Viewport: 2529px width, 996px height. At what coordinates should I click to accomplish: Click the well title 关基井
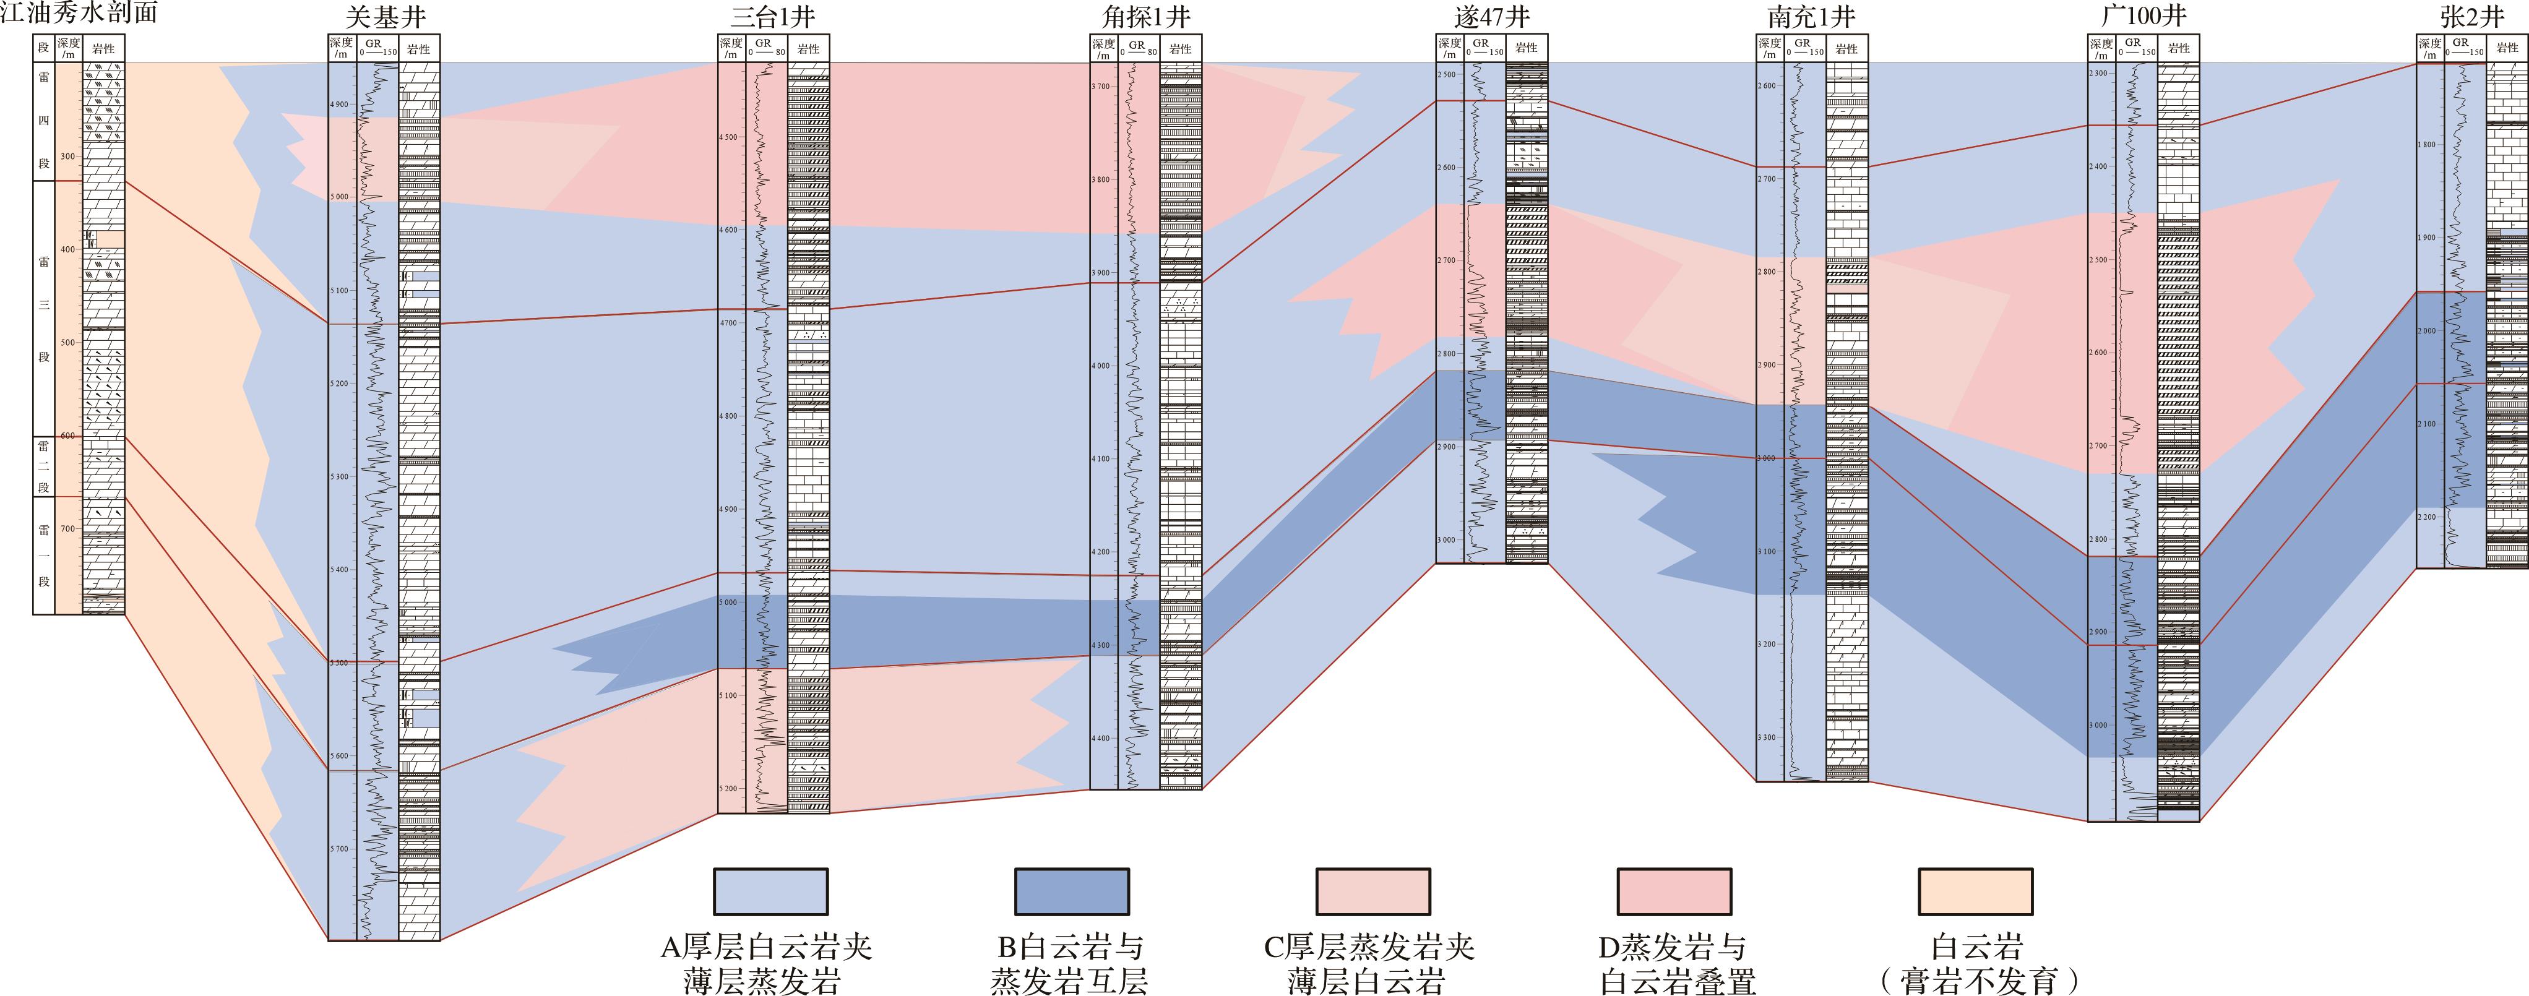(x=385, y=18)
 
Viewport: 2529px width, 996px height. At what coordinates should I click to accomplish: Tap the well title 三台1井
(x=773, y=18)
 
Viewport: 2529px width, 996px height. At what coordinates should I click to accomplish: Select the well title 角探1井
(x=1146, y=18)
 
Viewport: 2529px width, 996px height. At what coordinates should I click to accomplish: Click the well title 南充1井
(x=1811, y=18)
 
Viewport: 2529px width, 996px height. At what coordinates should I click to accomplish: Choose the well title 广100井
(x=2142, y=18)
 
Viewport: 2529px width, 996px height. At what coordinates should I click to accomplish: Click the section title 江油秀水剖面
(x=79, y=14)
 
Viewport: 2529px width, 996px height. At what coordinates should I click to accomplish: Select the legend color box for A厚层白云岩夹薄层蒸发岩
(x=770, y=891)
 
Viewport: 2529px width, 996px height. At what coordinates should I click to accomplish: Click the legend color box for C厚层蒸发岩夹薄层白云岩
(x=1372, y=891)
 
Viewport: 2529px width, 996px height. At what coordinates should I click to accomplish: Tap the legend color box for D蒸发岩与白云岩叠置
(x=1674, y=891)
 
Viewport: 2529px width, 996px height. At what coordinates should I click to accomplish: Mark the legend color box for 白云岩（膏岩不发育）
(x=1975, y=891)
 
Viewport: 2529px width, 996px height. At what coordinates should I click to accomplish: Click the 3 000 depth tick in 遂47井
(x=1448, y=539)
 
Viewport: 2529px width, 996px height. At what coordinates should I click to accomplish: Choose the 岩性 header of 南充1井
(x=1846, y=49)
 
